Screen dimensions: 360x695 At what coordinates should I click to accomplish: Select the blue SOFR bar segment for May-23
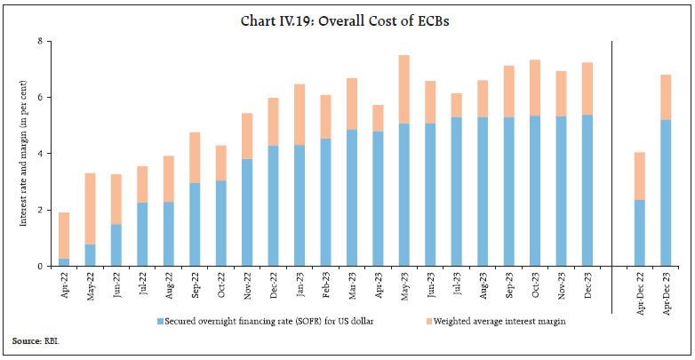pos(403,195)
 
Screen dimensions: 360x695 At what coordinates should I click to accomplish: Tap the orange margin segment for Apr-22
pos(63,236)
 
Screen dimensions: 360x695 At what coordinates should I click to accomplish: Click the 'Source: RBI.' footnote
pos(33,340)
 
